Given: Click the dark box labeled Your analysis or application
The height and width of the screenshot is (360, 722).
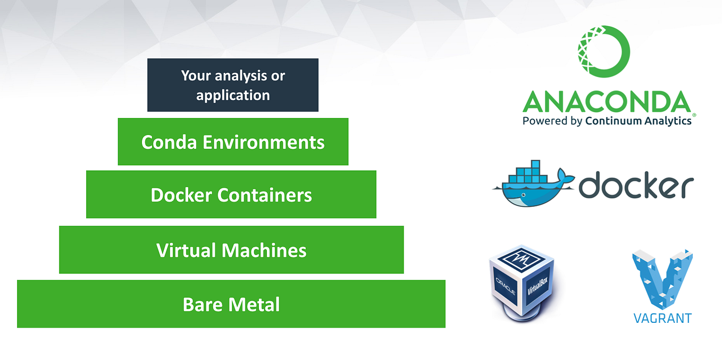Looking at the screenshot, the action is point(232,85).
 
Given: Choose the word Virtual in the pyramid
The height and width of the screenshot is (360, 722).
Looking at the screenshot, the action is point(186,250).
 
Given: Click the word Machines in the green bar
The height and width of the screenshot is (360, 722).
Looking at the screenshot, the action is point(264,250).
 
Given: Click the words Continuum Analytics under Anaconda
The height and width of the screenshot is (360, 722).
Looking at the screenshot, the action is point(638,121).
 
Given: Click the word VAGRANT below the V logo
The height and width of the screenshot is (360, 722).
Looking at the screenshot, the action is point(662,319).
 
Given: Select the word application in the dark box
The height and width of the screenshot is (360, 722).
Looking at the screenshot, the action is point(233,96).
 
